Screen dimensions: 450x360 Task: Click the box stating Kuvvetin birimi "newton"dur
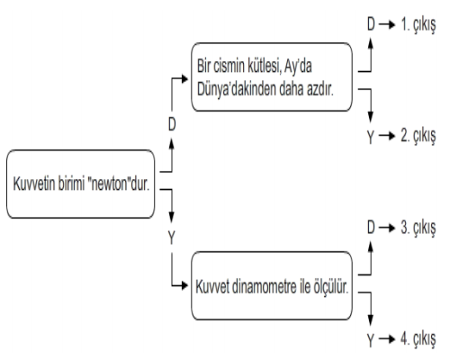pos(81,184)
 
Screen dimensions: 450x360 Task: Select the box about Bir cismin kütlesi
pos(272,77)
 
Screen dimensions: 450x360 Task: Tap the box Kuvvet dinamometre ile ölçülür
pos(272,286)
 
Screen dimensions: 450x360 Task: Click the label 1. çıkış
pos(418,25)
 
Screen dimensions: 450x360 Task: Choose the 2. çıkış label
pos(418,136)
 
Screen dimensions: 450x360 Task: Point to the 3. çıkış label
pos(418,228)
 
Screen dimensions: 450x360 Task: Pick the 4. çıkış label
pos(418,339)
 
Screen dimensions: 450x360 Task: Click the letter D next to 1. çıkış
pos(371,23)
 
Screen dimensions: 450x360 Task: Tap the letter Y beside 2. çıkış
pos(371,137)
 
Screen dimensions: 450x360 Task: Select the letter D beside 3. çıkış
pos(371,227)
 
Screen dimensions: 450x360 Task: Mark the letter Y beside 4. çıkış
pos(371,340)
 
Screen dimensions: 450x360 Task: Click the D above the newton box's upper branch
pos(172,124)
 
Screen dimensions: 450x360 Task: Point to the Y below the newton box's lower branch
pos(172,238)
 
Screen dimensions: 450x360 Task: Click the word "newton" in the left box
pos(109,184)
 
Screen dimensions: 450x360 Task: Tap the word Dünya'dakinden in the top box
pos(237,89)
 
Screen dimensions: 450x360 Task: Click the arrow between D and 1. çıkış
pos(387,24)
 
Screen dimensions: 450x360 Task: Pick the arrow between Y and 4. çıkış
pos(387,339)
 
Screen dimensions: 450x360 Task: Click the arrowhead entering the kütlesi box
pos(184,79)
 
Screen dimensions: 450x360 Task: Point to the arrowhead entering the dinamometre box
pos(184,285)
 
